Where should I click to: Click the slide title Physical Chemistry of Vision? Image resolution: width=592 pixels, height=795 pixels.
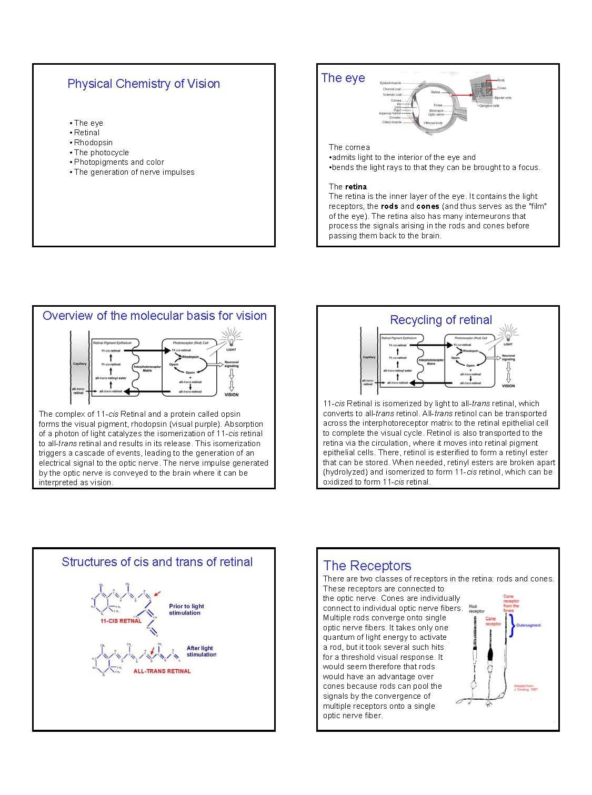(143, 84)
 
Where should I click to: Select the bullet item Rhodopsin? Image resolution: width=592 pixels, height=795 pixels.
(93, 143)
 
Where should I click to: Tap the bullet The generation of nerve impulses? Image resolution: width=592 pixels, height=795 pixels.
(134, 172)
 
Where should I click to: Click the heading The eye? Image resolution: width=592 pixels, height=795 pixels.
(343, 78)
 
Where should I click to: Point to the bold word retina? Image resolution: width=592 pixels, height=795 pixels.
(356, 187)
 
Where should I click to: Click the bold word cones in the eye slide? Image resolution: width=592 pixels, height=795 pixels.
(427, 206)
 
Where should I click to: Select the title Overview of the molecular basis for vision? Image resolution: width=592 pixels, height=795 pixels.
(154, 316)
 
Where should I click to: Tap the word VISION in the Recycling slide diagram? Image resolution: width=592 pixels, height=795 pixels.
(508, 386)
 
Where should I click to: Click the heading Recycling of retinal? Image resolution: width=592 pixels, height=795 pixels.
(440, 320)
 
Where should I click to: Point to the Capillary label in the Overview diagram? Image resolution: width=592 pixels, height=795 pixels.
(79, 364)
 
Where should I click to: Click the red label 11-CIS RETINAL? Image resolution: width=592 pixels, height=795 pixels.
(121, 621)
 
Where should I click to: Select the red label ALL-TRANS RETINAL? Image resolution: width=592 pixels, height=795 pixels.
(162, 671)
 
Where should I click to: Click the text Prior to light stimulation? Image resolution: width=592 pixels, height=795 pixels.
(186, 609)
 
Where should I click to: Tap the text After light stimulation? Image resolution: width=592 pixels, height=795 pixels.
(201, 651)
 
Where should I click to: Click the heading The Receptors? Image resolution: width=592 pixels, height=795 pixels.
(367, 566)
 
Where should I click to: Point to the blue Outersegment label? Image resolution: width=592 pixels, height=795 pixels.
(528, 626)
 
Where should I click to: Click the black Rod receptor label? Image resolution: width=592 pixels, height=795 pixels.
(476, 609)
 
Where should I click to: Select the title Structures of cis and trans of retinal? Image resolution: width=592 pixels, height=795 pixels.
(157, 562)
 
